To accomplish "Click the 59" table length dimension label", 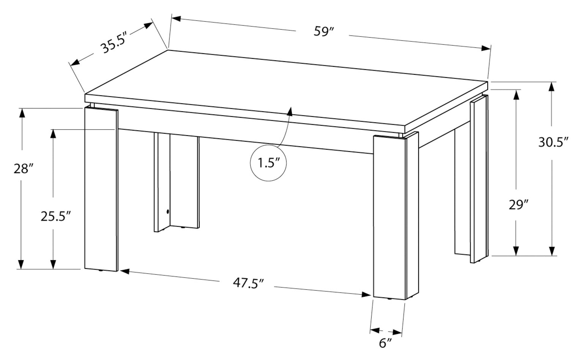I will tap(323, 32).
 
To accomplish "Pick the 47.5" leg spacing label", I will tap(248, 284).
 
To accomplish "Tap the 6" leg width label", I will tap(385, 343).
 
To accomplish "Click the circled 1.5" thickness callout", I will tap(268, 163).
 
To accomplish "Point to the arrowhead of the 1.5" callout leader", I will tap(290, 111).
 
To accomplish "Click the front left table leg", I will tap(101, 190).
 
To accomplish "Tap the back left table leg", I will tap(176, 182).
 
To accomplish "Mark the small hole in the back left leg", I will tap(168, 211).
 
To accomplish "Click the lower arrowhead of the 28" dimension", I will tap(21, 264).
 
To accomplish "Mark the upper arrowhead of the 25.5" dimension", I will tap(53, 133).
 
